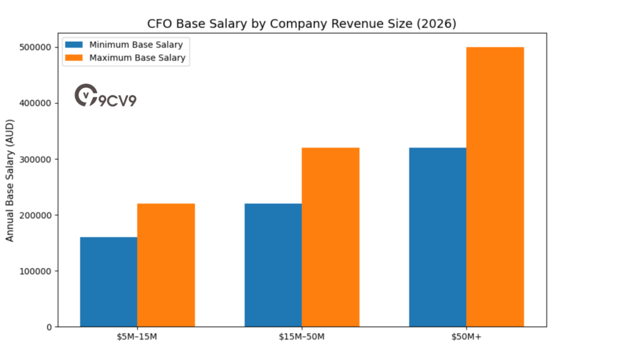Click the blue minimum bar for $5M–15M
109,282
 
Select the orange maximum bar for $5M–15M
166,265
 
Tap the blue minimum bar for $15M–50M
273,265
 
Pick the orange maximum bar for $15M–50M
331,237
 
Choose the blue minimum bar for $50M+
437,237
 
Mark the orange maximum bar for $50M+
495,187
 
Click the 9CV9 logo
105,96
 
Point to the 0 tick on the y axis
48,327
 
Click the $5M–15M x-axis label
137,338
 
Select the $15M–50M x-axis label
302,338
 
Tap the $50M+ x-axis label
466,338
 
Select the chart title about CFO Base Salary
302,24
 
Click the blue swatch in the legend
74,45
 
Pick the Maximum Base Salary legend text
138,58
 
